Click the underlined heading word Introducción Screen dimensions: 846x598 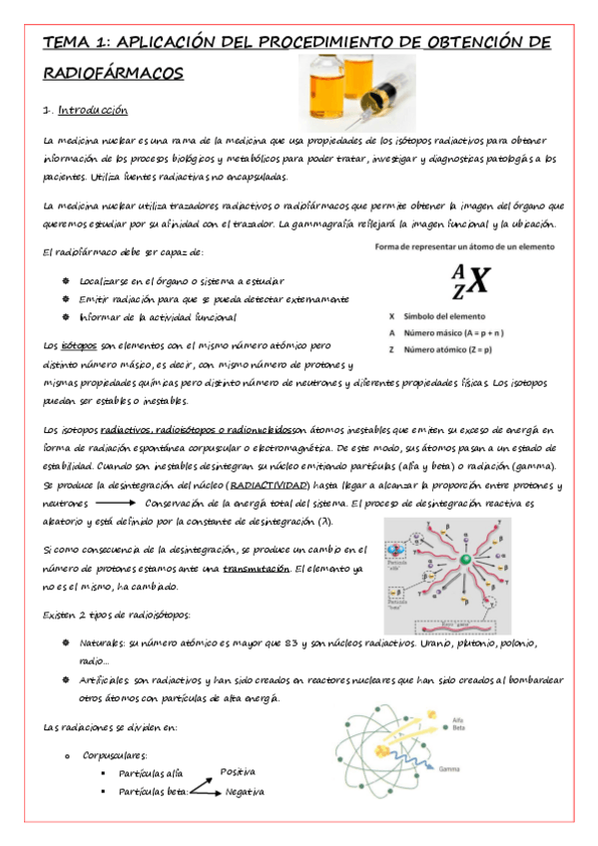[x=92, y=109]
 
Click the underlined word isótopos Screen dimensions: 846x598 [x=79, y=345]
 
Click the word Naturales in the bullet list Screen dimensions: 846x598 [x=101, y=643]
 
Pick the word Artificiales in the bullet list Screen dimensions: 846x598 [x=105, y=679]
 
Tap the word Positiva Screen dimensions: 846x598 [x=239, y=771]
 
